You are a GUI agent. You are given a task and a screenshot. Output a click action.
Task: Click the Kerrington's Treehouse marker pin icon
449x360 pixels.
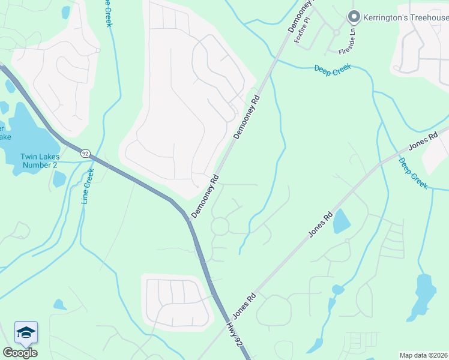coord(354,17)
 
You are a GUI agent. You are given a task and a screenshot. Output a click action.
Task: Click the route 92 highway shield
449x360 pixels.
coord(85,154)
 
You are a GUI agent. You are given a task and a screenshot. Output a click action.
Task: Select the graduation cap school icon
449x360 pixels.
coord(26,332)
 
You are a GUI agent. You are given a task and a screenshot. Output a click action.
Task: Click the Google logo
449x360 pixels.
coord(20,352)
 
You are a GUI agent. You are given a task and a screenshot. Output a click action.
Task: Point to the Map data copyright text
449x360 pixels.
coord(424,355)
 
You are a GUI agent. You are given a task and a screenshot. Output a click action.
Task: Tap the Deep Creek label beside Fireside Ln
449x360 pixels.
coord(332,69)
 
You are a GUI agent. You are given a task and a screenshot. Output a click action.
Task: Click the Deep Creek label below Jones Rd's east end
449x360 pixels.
coord(413,174)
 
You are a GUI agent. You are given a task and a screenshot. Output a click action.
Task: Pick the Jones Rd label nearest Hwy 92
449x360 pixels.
coord(244,306)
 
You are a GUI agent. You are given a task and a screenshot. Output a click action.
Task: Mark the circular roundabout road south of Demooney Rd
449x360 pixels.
coord(220,226)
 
